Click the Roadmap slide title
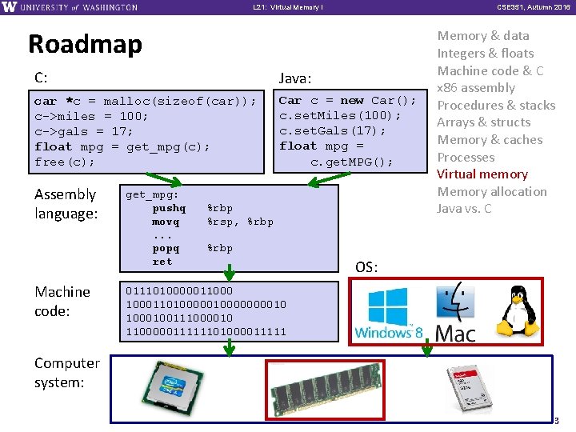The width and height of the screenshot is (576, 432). [85, 44]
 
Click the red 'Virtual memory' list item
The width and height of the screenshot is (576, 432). [482, 174]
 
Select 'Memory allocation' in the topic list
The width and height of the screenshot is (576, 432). [492, 192]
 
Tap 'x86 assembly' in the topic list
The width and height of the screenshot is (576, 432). [476, 88]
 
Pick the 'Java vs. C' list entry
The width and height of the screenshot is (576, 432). [464, 210]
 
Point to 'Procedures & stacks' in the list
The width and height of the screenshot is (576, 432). [496, 106]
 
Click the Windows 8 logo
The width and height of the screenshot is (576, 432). [388, 314]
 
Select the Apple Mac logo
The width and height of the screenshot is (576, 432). [454, 312]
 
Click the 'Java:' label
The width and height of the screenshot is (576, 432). [294, 78]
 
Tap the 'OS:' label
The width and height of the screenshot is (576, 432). [366, 267]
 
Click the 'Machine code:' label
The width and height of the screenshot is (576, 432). [62, 301]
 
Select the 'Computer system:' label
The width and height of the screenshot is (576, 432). [66, 372]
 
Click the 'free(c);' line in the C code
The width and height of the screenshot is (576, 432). [64, 162]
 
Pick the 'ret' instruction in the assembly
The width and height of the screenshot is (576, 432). [162, 262]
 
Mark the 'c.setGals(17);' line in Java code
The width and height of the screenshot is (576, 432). [333, 131]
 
